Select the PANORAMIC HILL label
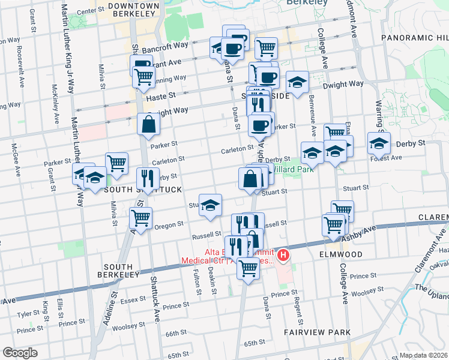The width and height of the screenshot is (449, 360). pos(414,38)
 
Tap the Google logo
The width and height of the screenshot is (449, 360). pos(20,353)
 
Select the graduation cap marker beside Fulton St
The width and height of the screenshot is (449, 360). pos(210,205)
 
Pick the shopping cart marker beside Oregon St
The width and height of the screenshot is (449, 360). pos(140,218)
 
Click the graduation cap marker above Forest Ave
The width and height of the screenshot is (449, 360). pos(379,143)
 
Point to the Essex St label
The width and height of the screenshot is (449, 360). pos(131,299)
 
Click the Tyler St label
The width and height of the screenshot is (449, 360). pos(28,314)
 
